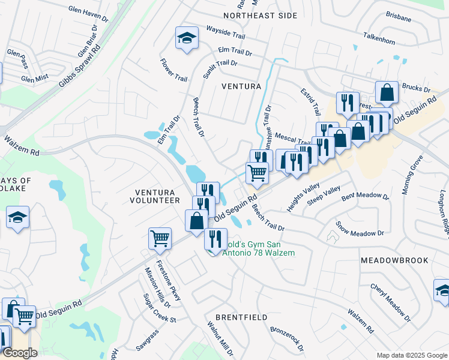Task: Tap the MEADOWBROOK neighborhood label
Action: coord(394,260)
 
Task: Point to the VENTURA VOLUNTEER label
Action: coord(154,196)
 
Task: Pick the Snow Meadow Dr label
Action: coord(360,229)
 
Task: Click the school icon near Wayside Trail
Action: coord(187,39)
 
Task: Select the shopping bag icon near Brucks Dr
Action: coord(387,93)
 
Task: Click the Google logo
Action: coord(20,353)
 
